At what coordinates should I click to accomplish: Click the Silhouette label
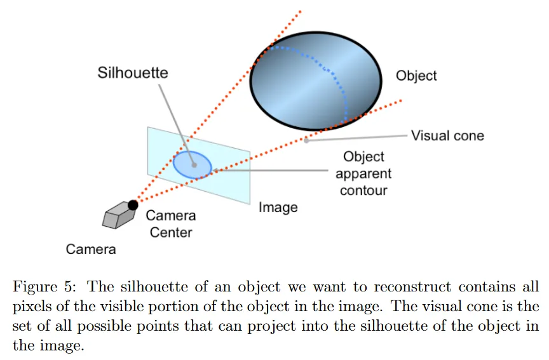(x=133, y=72)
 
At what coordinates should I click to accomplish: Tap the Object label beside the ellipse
(x=416, y=76)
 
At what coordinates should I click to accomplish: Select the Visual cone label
(x=447, y=135)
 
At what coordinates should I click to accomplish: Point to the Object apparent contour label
(x=363, y=173)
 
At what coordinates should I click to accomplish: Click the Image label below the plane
(x=278, y=208)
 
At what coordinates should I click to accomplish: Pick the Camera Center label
(x=171, y=223)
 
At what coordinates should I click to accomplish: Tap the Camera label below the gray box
(x=91, y=249)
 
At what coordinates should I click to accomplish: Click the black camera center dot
(x=133, y=204)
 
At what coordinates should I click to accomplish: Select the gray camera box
(x=118, y=215)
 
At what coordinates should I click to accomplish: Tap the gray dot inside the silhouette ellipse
(x=195, y=164)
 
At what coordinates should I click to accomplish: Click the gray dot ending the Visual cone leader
(x=306, y=140)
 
